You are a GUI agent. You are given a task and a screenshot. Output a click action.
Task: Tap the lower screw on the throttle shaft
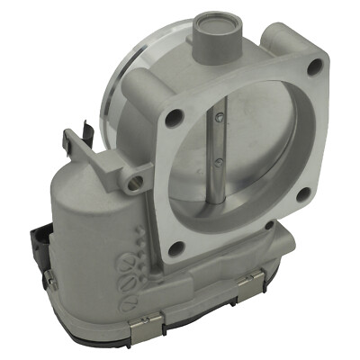[220, 162]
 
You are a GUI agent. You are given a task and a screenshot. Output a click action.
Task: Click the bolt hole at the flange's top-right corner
[314, 66]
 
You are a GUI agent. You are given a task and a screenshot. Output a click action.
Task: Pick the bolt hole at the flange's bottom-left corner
[177, 247]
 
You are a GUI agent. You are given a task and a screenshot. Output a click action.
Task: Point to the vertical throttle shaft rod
[220, 144]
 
